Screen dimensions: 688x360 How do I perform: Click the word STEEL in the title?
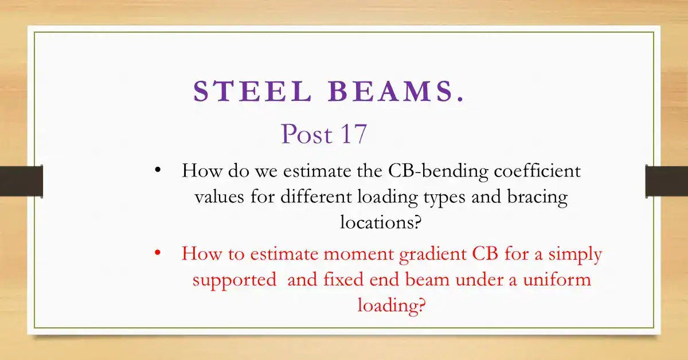coord(252,91)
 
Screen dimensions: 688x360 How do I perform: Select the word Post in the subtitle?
coord(307,134)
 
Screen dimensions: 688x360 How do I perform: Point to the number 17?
coord(354,134)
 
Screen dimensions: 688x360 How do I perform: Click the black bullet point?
coord(158,170)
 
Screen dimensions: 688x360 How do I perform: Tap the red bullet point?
coord(158,253)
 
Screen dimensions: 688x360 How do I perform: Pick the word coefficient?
coord(537,170)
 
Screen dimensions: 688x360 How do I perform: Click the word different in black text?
coord(316,196)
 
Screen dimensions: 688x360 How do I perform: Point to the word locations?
coord(381,222)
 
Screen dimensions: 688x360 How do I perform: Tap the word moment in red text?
coord(359,255)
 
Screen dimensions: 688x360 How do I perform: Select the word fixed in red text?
coord(343,279)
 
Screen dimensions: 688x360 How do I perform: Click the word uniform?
coord(557,279)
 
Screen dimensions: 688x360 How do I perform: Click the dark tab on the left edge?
coord(21,181)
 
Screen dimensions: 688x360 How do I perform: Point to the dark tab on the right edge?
coord(666,181)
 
